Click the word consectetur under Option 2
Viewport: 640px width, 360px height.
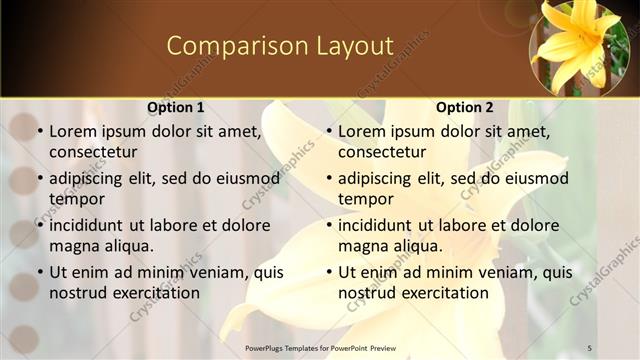(x=382, y=152)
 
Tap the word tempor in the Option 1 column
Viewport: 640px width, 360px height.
(x=75, y=198)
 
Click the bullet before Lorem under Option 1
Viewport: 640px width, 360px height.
(x=40, y=131)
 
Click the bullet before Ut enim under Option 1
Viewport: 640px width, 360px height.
(x=40, y=272)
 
